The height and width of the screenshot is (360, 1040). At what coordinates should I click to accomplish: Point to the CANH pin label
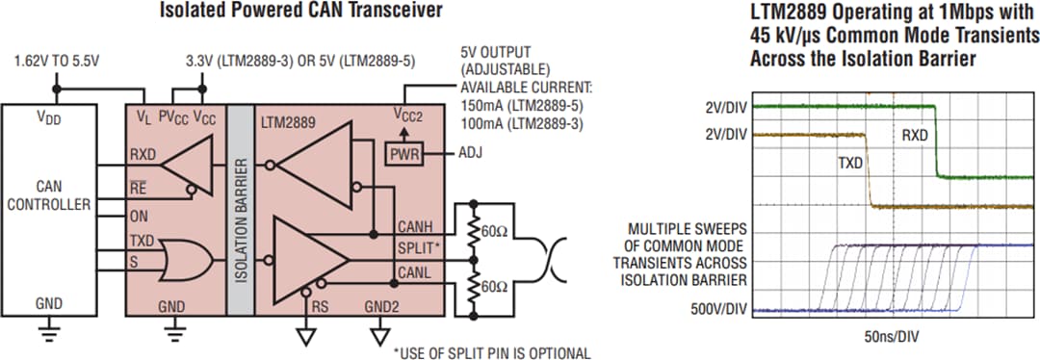pos(417,226)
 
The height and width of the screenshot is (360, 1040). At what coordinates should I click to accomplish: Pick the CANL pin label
pos(416,274)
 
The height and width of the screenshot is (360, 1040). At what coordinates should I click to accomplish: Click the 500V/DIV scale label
pos(718,311)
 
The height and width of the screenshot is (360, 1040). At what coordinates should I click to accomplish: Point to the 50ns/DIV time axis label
pos(891,337)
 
